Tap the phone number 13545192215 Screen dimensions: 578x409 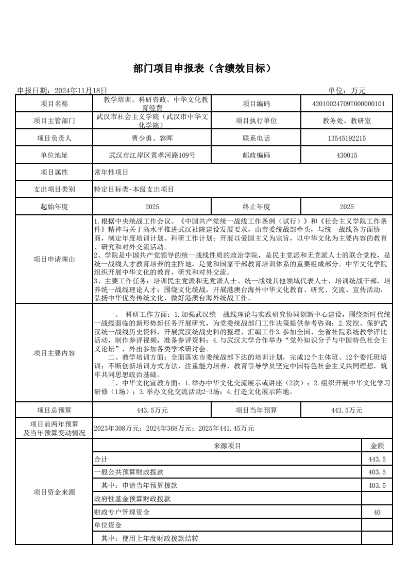tap(347, 138)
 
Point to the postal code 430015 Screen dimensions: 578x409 tap(347, 155)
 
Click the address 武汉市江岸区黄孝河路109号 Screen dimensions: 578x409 tap(152, 155)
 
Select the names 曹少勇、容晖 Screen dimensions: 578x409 tap(152, 138)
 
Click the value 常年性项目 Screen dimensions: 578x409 tap(111, 173)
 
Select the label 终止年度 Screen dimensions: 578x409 tap(256, 207)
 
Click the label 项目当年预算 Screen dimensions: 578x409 tap(256, 410)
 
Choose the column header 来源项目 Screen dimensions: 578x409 tap(227, 446)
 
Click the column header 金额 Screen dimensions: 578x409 tap(377, 446)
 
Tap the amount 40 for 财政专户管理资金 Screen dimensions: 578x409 tap(377, 512)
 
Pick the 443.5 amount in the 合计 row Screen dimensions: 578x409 tap(378, 459)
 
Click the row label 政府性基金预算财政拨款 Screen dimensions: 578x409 tap(132, 499)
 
